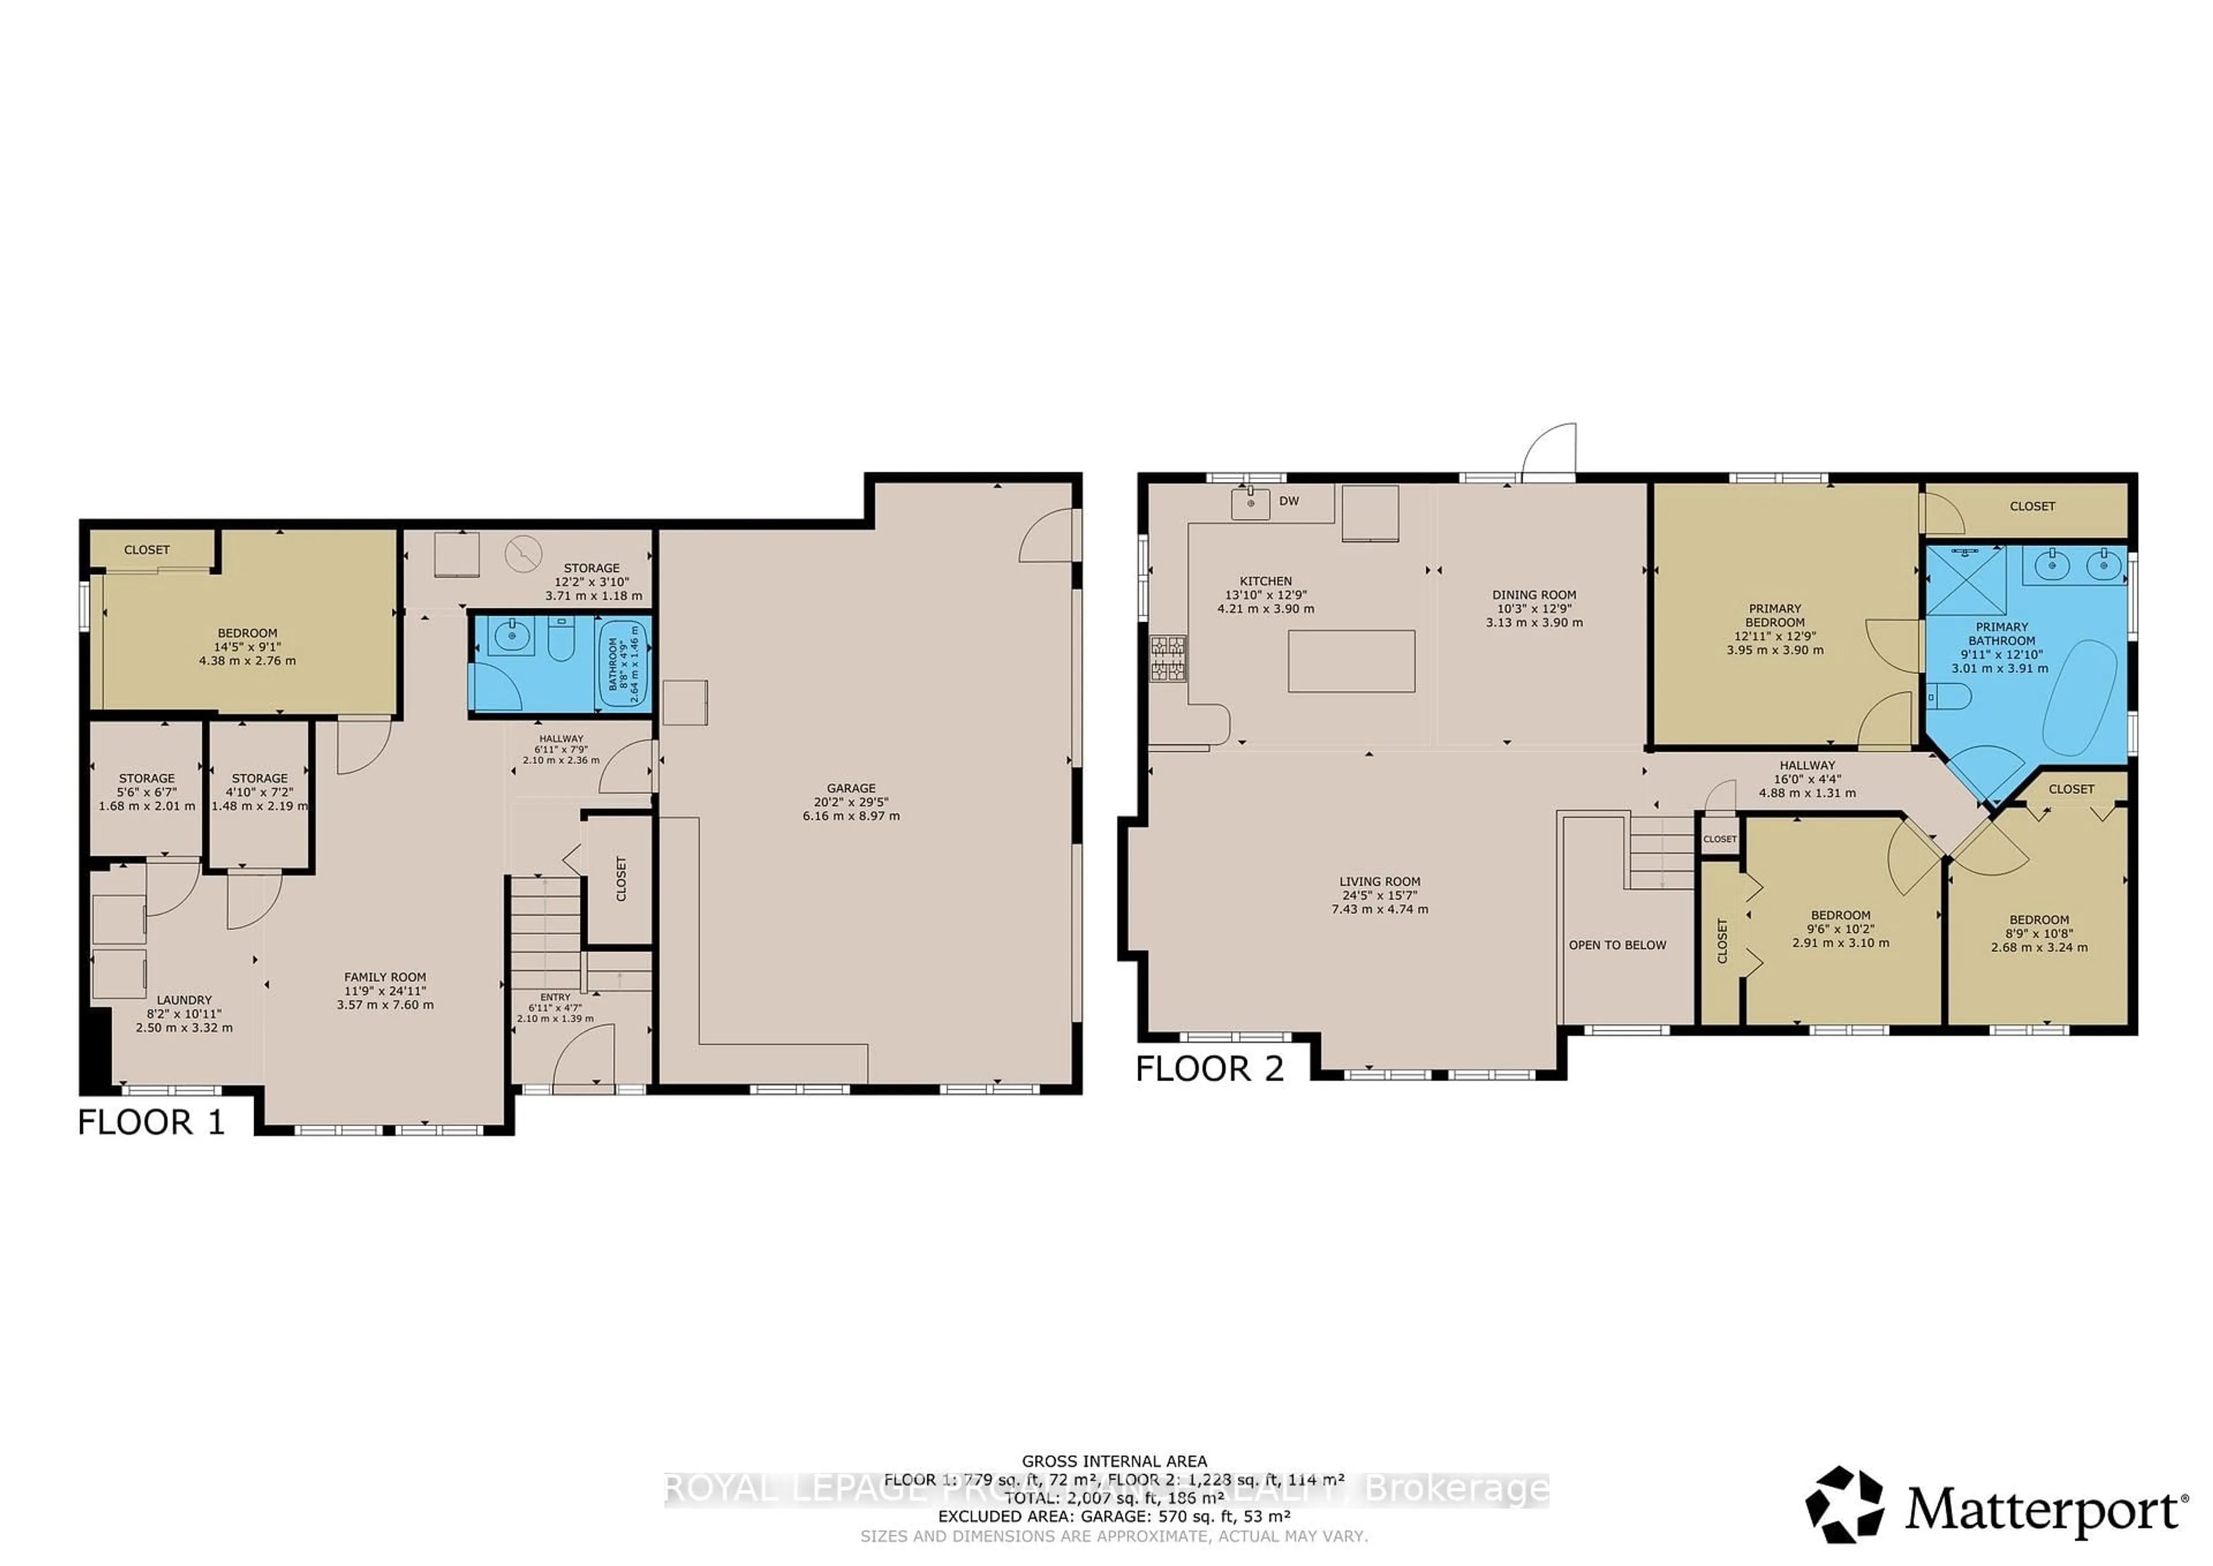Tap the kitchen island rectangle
[1351, 661]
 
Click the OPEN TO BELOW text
[1617, 945]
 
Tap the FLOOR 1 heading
[152, 1123]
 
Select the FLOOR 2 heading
[1210, 1068]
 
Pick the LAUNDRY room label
[184, 1000]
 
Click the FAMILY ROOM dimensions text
[386, 998]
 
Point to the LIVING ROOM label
[1379, 882]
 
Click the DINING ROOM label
[1534, 595]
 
